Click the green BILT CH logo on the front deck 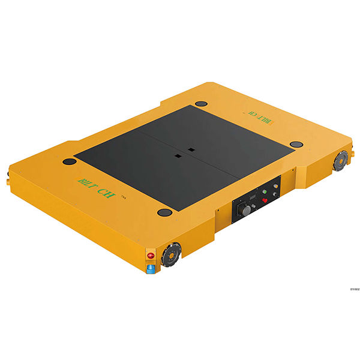(x=96, y=179)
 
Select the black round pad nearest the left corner (x=70, y=162)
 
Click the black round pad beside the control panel (x=163, y=212)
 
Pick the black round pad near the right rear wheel (x=296, y=144)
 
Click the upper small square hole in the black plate (x=190, y=149)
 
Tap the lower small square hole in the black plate (x=178, y=157)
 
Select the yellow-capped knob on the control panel (x=276, y=186)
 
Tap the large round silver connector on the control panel (x=246, y=211)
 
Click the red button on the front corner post (x=151, y=256)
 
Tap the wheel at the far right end (x=341, y=160)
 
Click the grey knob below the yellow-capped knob (x=275, y=194)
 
